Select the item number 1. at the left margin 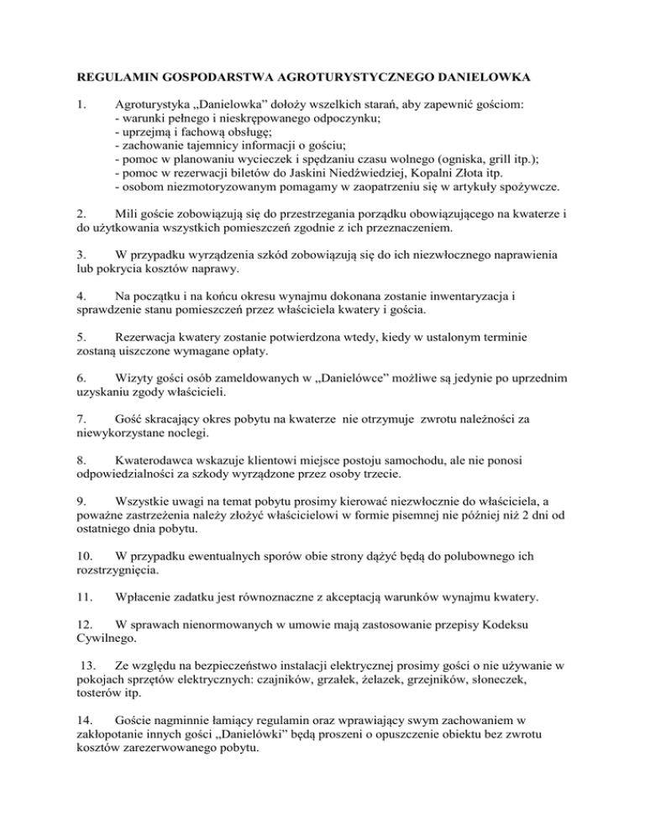point(81,108)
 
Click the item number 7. point(81,436)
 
